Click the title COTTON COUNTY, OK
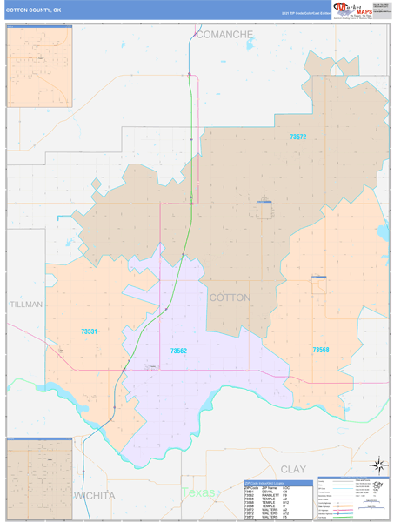pos(34,11)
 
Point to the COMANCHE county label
pos(224,35)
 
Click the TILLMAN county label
pos(25,305)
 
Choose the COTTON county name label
pos(230,298)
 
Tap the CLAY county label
pos(293,469)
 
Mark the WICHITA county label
pos(95,495)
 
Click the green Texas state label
pos(197,492)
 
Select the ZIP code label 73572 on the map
pos(298,137)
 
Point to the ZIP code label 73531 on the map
pos(89,331)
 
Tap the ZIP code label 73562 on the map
pos(178,351)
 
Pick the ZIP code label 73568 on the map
pos(321,350)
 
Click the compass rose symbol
pos(377,465)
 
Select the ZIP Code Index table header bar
pos(277,482)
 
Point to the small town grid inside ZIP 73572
pos(264,210)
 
